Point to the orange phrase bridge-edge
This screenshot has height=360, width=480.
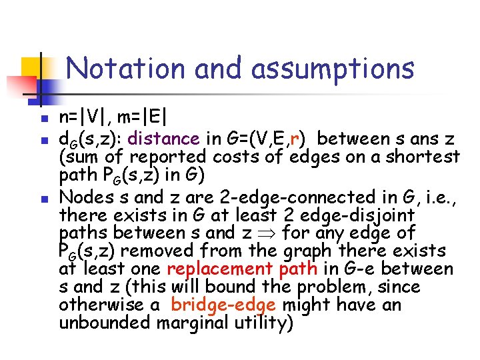(223, 305)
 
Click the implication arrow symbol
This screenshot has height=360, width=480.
(269, 233)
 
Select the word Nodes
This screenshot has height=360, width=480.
(81, 197)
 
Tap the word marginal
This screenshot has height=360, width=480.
(193, 324)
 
